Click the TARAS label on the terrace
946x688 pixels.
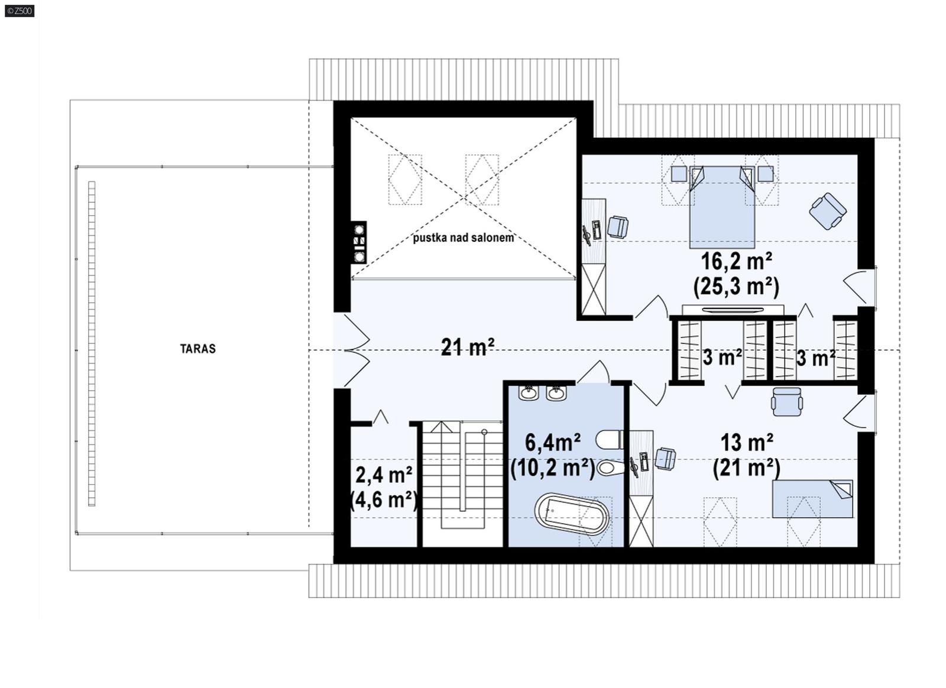(197, 349)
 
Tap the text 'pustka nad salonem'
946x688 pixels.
(463, 238)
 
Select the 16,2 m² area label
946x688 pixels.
(736, 261)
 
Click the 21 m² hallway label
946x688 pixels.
(467, 348)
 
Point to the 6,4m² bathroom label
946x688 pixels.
(552, 442)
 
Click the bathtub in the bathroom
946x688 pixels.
(571, 514)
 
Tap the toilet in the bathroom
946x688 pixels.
(608, 440)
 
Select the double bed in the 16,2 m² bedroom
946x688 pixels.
(722, 207)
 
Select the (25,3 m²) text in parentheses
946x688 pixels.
(736, 287)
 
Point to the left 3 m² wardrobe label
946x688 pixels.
(722, 358)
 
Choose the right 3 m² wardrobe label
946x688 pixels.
(815, 358)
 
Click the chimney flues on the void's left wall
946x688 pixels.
(358, 242)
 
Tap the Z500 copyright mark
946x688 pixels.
(19, 10)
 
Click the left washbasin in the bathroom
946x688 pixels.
(528, 393)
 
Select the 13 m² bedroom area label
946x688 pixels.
(746, 442)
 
